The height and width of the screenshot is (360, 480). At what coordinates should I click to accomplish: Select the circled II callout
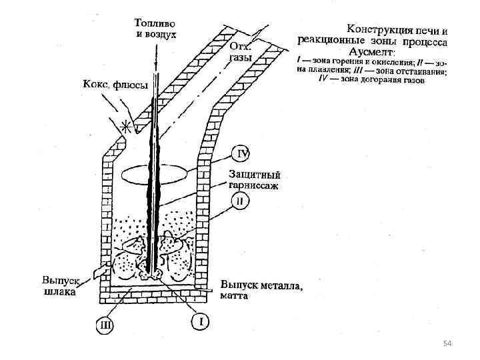point(240,200)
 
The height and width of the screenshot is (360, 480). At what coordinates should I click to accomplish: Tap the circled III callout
point(105,325)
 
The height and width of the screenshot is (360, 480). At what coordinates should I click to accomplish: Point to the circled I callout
point(201,321)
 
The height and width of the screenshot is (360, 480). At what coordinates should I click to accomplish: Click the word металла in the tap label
point(280,287)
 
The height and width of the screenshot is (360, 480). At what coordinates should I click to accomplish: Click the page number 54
point(447,343)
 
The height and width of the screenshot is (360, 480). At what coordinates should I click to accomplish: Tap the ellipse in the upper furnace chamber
point(155,171)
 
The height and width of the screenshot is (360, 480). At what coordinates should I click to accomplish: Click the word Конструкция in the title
point(378,29)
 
